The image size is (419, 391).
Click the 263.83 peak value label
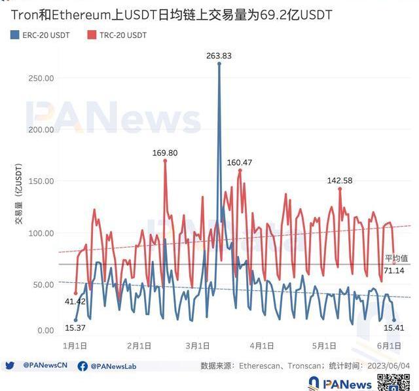(219, 55)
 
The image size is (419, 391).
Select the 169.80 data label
(165, 153)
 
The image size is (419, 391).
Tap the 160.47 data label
(240, 162)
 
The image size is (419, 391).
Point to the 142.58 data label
(340, 180)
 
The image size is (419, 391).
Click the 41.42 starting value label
(76, 301)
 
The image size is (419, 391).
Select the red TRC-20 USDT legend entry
(117, 35)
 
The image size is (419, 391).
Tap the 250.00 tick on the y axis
(41, 78)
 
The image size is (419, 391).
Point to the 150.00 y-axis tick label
(41, 181)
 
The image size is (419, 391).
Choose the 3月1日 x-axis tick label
(196, 345)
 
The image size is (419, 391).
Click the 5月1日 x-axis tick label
(325, 345)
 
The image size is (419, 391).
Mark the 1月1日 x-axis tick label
(75, 345)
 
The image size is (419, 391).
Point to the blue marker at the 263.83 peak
(219, 64)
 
